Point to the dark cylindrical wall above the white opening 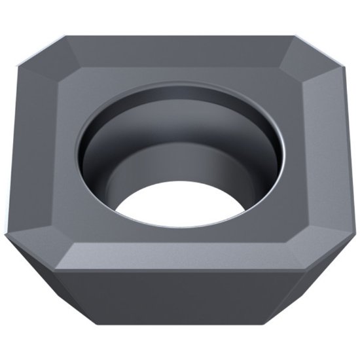(180, 164)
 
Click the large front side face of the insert (180, 301)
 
